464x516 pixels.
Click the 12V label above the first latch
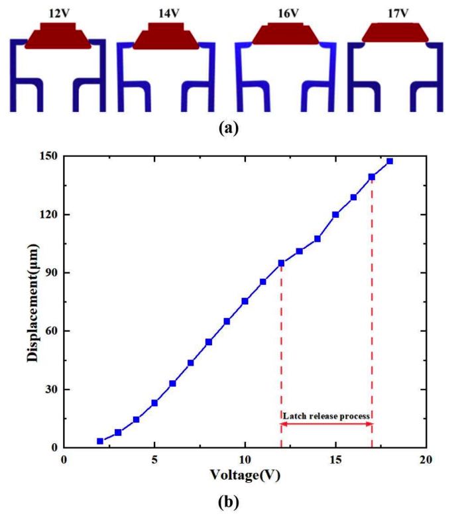pyautogui.click(x=60, y=13)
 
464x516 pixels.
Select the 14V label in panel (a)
pyautogui.click(x=169, y=13)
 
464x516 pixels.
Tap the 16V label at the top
pyautogui.click(x=288, y=13)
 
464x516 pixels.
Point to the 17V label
pyautogui.click(x=398, y=13)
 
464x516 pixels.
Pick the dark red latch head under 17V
pyautogui.click(x=395, y=32)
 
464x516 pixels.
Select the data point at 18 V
pyautogui.click(x=390, y=161)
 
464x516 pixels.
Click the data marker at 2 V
pyautogui.click(x=100, y=441)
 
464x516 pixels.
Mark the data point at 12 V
pyautogui.click(x=281, y=263)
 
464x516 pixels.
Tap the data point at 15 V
pyautogui.click(x=335, y=215)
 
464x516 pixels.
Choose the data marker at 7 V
pyautogui.click(x=191, y=362)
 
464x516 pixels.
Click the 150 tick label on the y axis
pyautogui.click(x=48, y=156)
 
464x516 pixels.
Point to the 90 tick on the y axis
pyautogui.click(x=52, y=273)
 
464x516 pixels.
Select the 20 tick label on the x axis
pyautogui.click(x=426, y=460)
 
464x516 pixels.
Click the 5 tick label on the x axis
pyautogui.click(x=154, y=460)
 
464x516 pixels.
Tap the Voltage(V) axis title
pyautogui.click(x=245, y=475)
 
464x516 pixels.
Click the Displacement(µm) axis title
pyautogui.click(x=32, y=303)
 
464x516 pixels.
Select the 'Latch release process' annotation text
pyautogui.click(x=326, y=416)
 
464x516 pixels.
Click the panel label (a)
pyautogui.click(x=229, y=128)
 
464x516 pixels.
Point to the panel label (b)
pyautogui.click(x=229, y=502)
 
